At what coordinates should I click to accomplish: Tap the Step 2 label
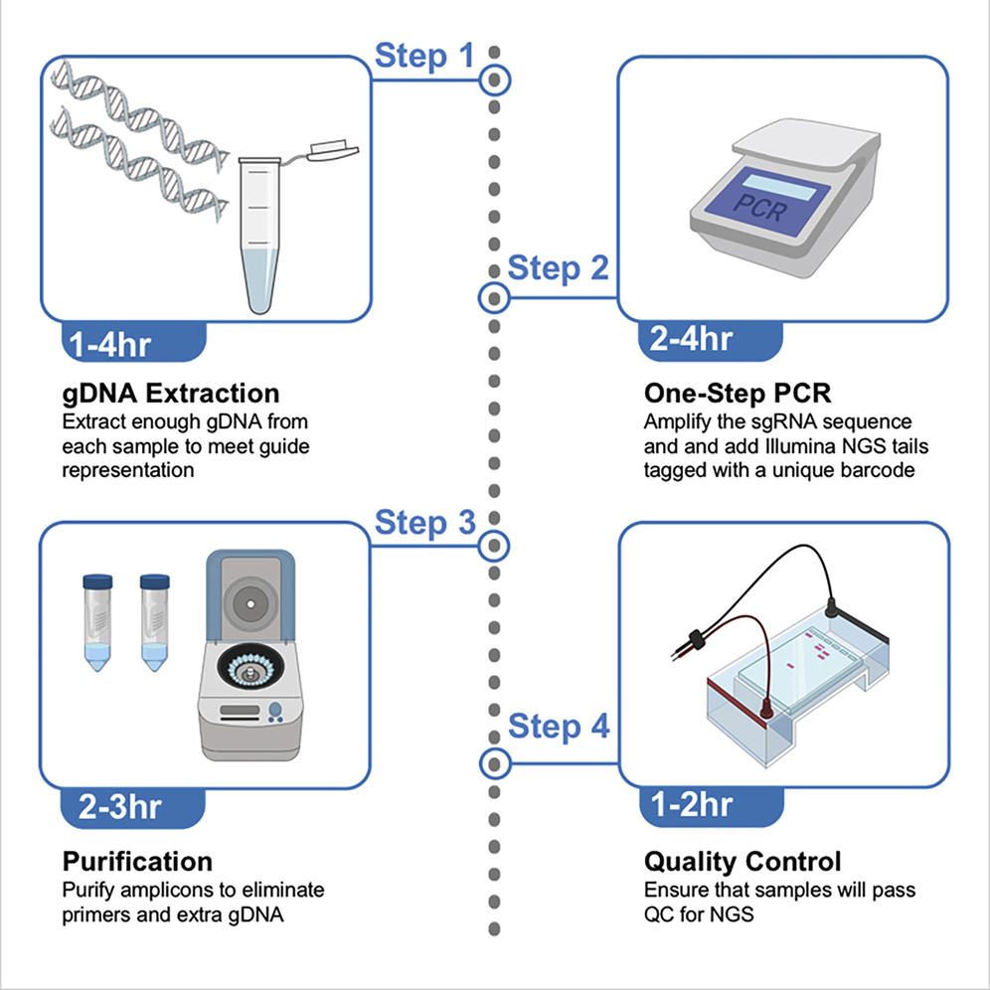558,268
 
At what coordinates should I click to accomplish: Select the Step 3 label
424,522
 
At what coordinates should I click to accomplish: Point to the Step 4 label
559,727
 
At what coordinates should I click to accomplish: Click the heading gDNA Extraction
171,393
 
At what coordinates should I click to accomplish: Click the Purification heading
137,860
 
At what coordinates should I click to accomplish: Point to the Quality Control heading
742,860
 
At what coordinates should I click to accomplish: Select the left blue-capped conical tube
96,621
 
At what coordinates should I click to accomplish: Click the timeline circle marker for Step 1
494,79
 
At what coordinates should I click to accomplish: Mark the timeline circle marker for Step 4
494,763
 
